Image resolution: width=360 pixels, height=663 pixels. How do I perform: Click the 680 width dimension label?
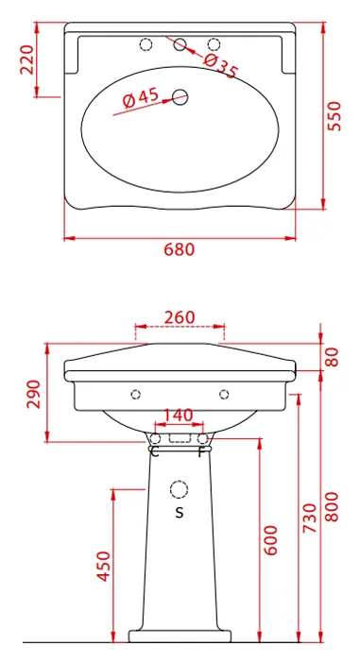[x=180, y=249]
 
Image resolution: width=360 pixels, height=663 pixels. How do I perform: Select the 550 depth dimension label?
[x=334, y=116]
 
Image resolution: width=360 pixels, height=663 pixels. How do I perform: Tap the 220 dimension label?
[x=27, y=59]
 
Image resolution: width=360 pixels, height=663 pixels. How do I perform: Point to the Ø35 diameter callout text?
[x=221, y=65]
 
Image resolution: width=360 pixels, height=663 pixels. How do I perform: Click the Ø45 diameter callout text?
[x=141, y=97]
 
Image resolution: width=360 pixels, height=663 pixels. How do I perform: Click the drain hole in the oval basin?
[x=180, y=97]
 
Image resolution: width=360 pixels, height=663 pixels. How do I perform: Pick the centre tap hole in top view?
[x=180, y=44]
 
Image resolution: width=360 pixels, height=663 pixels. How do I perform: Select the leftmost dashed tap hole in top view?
[x=146, y=44]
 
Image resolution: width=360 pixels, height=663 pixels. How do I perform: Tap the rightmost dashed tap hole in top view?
[x=214, y=44]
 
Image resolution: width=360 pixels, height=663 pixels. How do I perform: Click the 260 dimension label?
[x=180, y=317]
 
